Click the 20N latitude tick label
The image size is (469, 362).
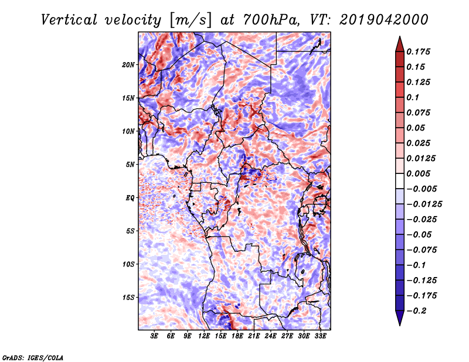point(128,64)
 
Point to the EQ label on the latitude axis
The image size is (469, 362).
point(130,198)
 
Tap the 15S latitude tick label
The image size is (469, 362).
point(128,298)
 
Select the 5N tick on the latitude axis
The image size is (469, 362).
point(130,165)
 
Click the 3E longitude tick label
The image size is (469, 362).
point(154,336)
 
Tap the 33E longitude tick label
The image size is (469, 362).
point(321,336)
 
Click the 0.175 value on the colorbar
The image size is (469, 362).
point(420,52)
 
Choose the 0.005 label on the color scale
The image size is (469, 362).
point(420,173)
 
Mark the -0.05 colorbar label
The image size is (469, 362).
point(420,234)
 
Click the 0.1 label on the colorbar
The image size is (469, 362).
point(414,97)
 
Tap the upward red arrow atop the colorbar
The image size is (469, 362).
point(399,43)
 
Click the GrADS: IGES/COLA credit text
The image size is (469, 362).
point(32,356)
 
